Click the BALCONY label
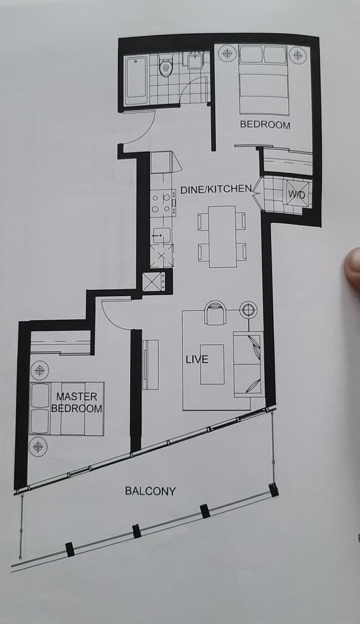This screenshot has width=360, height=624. [150, 491]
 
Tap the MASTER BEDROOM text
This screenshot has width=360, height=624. [77, 402]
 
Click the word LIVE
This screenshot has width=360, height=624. [197, 359]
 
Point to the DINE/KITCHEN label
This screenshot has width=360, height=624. [216, 190]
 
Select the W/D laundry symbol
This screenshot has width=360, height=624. [297, 194]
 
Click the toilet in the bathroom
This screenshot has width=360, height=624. [165, 66]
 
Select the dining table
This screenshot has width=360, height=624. [222, 236]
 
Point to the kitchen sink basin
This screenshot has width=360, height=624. [161, 236]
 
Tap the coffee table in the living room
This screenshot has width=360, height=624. [212, 364]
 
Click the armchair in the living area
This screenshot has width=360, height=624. [215, 312]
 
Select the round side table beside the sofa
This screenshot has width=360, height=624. [248, 309]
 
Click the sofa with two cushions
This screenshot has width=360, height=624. [249, 364]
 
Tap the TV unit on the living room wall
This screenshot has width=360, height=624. [151, 365]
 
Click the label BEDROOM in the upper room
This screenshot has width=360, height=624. [265, 125]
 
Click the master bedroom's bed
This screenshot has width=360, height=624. [67, 409]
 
